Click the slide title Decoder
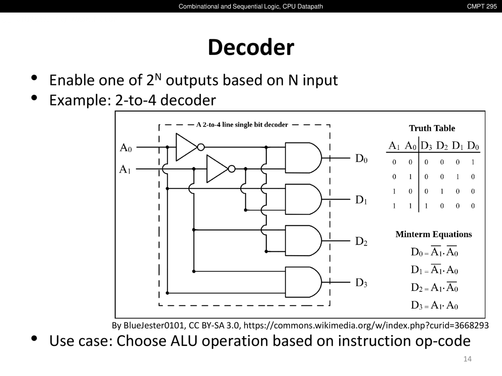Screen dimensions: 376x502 coord(251,47)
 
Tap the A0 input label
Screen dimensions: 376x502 coord(125,148)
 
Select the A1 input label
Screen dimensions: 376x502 coord(125,170)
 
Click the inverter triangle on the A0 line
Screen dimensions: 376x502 coord(186,147)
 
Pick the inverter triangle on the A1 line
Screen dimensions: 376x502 coord(216,169)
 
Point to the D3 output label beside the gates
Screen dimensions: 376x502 coord(361,283)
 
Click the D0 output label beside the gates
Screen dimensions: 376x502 coord(361,159)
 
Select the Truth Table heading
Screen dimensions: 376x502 coord(432,128)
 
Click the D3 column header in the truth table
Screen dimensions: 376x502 coord(426,146)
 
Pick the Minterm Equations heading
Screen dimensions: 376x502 coord(433,234)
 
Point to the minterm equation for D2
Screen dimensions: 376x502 coord(434,287)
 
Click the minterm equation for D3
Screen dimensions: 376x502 coord(434,305)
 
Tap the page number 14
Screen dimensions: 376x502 coord(467,359)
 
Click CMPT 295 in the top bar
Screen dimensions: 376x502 coord(482,6)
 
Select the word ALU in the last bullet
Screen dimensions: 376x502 coord(185,341)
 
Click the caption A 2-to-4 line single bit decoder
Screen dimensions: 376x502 coord(242,125)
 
